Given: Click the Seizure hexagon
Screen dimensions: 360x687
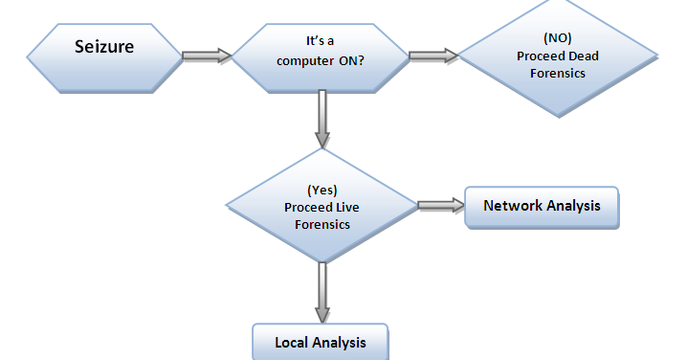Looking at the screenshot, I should pos(103,56).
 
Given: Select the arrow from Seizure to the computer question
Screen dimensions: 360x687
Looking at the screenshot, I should pos(208,56).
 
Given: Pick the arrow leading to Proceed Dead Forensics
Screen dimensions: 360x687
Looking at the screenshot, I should pos(433,56).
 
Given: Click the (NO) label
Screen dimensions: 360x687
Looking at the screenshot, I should pos(557,38).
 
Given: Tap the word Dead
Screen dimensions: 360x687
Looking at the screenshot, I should pos(582,56).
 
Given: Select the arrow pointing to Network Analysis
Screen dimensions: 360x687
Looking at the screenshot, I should pos(441,206).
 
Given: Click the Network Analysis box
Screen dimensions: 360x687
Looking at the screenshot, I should pos(541,207).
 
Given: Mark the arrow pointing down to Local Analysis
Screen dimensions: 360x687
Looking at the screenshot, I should pos(321,291).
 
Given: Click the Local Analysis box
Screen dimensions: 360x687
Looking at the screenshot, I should pos(321,342).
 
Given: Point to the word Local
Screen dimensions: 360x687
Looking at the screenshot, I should pos(292,342).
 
